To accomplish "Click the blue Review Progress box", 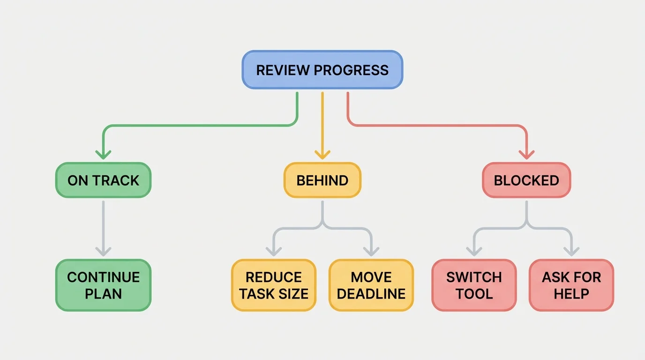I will [322, 70].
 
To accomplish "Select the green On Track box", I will [103, 180].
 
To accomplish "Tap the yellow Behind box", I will [322, 180].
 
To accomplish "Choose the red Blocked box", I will [526, 180].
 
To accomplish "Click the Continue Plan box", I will [103, 285].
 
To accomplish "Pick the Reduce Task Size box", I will [274, 285].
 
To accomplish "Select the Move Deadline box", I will [371, 285].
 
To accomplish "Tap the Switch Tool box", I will [474, 285].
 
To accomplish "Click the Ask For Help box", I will [571, 285].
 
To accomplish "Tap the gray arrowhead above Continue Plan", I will [103, 251].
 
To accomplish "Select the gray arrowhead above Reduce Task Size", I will [273, 251].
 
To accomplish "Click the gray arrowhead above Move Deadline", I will [371, 251].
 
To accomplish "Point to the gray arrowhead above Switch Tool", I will [474, 251].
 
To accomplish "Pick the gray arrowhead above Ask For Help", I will [571, 251].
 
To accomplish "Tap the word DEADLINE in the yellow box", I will [371, 294].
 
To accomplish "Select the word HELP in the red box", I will [571, 294].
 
